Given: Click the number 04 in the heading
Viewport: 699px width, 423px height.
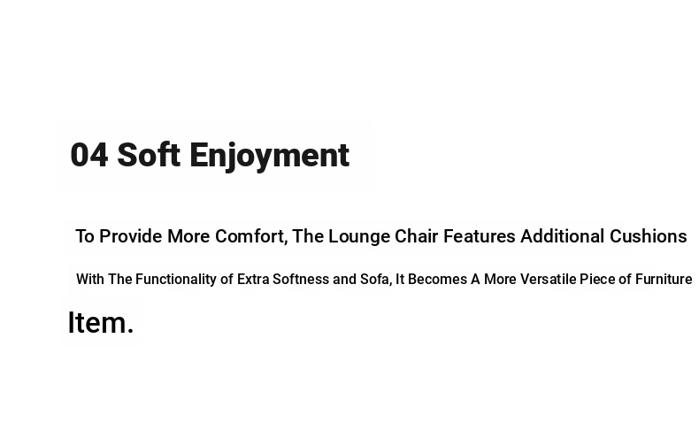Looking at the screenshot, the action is pos(89,155).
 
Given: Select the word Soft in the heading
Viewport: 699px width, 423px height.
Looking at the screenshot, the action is pos(149,155).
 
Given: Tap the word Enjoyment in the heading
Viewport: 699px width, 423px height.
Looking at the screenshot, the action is pos(270,156).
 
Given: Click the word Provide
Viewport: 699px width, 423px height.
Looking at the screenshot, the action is pos(131,236).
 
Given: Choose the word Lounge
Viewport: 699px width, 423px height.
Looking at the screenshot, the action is pos(359,236).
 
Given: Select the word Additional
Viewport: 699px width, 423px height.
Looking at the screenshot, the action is pos(563,236).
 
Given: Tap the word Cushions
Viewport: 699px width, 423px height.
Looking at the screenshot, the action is pos(649,236).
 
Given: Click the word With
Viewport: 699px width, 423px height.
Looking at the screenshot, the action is pos(90,280).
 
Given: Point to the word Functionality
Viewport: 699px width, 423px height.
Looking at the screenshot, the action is pos(176,280).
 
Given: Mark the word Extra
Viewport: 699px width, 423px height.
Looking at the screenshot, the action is pos(253,280).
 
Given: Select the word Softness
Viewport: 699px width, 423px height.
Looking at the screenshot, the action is pos(301,280).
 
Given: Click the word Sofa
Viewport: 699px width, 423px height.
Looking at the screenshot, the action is pos(376,280).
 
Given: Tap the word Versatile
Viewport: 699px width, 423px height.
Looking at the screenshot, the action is pos(549,280).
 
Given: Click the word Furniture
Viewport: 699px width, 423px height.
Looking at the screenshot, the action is pos(664,280).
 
